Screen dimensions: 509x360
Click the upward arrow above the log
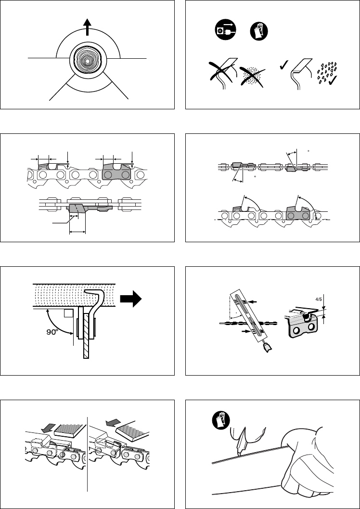pyautogui.click(x=87, y=27)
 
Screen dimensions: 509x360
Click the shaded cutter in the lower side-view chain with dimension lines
pyautogui.click(x=77, y=209)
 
